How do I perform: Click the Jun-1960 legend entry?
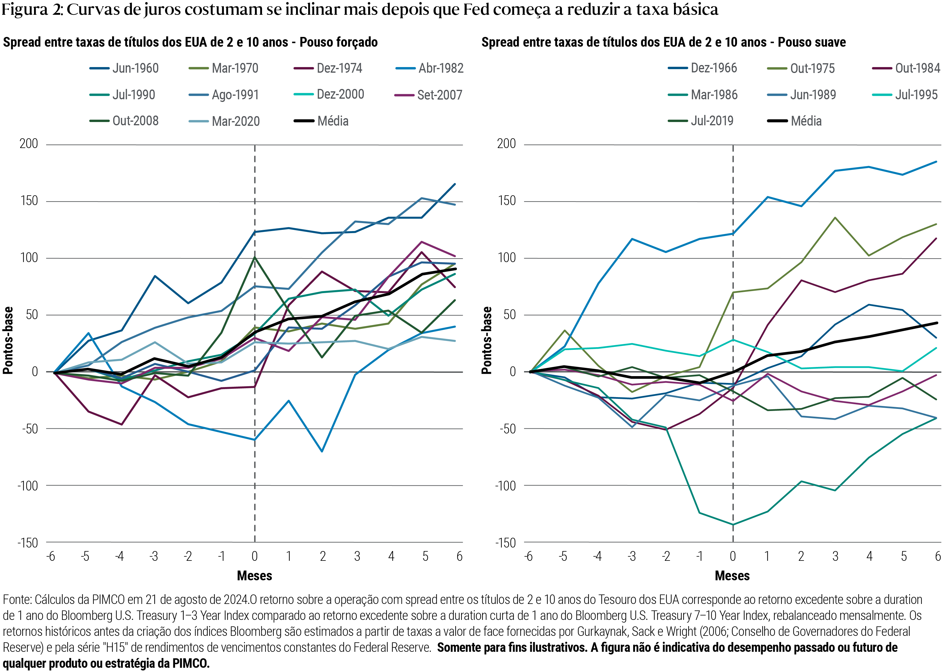pyautogui.click(x=124, y=68)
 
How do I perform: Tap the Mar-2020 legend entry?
pyautogui.click(x=224, y=121)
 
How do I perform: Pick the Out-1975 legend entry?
pyautogui.click(x=801, y=68)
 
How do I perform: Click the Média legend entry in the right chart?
pyautogui.click(x=794, y=121)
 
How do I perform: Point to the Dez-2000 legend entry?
pyautogui.click(x=329, y=95)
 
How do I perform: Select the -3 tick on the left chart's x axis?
pyautogui.click(x=153, y=557)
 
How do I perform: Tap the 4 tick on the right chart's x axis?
pyautogui.click(x=869, y=557)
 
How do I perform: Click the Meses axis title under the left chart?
pyautogui.click(x=255, y=576)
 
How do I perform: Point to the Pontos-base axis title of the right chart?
pyautogui.click(x=487, y=340)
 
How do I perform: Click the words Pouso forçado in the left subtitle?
pyautogui.click(x=339, y=42)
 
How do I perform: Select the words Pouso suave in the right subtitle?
pyautogui.click(x=812, y=42)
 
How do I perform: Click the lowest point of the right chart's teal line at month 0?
pyautogui.click(x=733, y=525)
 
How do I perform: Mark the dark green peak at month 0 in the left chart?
pyautogui.click(x=255, y=257)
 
